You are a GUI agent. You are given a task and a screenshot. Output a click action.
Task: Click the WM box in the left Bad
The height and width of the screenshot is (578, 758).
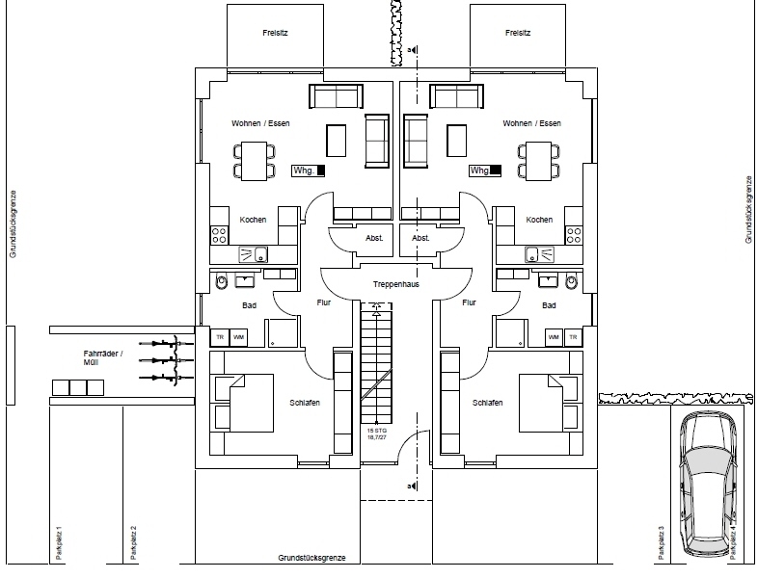(237, 336)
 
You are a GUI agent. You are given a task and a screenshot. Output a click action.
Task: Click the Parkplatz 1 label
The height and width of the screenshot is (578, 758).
(60, 543)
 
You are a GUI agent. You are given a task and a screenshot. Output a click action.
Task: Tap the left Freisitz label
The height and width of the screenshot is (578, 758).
(276, 33)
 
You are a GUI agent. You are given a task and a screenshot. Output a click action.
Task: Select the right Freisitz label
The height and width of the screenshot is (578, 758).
(519, 33)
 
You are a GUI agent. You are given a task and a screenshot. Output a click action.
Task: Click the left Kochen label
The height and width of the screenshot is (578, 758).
(253, 220)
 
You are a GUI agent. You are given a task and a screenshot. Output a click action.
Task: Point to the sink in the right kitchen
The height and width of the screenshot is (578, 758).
(532, 254)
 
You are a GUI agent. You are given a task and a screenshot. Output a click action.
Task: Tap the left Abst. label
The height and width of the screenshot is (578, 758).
(375, 237)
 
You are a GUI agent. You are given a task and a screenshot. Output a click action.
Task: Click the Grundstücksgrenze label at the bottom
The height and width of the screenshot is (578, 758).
(318, 559)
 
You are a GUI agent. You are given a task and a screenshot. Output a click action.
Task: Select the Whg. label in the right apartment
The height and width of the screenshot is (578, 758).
(480, 171)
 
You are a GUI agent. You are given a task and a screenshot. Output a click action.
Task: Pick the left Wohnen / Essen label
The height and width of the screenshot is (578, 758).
(260, 123)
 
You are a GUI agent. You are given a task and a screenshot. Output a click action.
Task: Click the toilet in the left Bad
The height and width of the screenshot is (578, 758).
(223, 282)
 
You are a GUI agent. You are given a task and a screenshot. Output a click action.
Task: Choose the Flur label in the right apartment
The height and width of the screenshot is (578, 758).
(470, 302)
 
